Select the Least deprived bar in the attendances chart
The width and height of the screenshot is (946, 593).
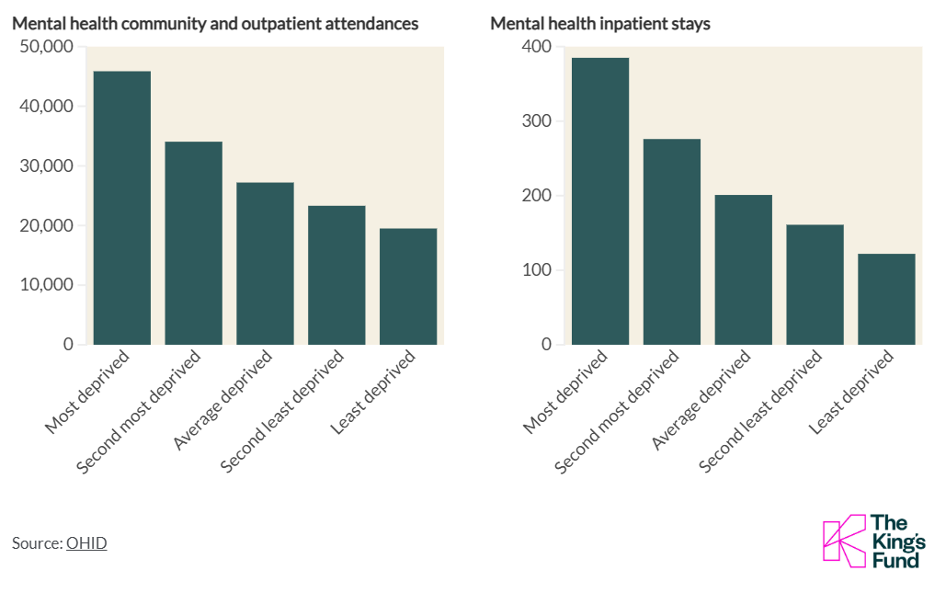tap(408, 286)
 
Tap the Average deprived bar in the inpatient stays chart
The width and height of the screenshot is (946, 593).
tap(744, 269)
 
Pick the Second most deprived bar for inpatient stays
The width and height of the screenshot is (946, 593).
tap(672, 241)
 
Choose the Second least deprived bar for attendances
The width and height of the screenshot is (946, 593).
tap(336, 275)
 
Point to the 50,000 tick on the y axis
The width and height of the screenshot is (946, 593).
tap(46, 47)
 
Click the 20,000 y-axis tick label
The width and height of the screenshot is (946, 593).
tap(46, 225)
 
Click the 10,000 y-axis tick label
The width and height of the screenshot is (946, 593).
tap(46, 285)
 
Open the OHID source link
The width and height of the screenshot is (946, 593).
tap(86, 543)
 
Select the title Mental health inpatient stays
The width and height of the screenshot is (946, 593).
tap(599, 24)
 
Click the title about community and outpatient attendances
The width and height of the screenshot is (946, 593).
tap(215, 24)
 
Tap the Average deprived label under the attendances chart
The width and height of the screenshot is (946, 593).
tap(223, 401)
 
